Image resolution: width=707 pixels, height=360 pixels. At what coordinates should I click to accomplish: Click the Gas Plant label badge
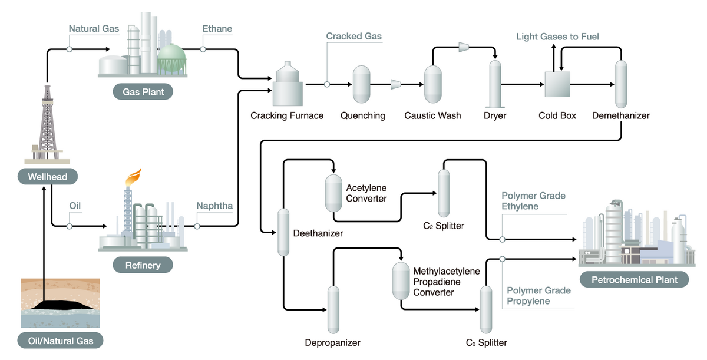point(143,91)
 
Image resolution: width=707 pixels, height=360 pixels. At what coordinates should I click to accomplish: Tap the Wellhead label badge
point(48,176)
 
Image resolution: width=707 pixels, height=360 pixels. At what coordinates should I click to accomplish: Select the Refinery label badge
point(143,265)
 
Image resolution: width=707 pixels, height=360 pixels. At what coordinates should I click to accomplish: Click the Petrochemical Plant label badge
point(635,279)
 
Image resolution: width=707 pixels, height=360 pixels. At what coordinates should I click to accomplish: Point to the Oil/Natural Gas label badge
point(61,340)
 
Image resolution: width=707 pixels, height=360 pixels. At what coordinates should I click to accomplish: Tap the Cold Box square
point(557,84)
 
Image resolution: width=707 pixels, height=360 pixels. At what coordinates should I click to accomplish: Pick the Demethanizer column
point(620,84)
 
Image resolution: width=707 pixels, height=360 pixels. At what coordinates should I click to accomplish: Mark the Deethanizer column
point(283,232)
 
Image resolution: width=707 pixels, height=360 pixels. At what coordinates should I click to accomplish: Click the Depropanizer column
point(333,309)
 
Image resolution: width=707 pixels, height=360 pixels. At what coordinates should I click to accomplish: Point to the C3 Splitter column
point(486,309)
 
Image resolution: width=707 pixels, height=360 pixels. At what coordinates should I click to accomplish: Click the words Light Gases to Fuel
point(557,37)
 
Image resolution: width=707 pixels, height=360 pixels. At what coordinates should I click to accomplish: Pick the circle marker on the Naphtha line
point(197,226)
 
